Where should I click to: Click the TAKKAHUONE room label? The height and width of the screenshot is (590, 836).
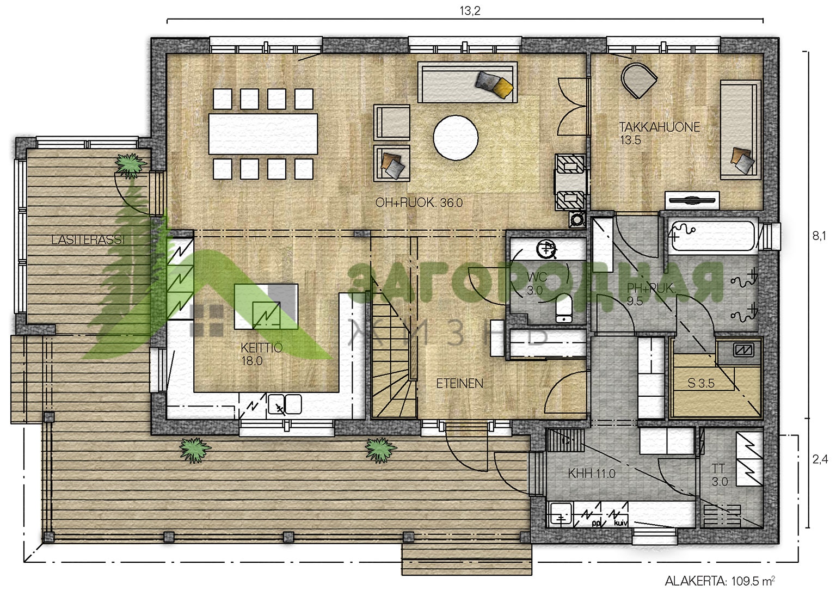click(x=660, y=133)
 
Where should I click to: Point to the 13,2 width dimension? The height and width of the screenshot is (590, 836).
click(x=470, y=11)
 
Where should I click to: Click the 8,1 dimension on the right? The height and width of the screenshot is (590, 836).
click(x=819, y=236)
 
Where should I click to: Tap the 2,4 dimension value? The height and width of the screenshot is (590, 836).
click(x=820, y=459)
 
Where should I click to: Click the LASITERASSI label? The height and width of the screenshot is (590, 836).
click(x=88, y=239)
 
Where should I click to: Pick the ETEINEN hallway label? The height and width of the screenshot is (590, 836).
click(x=460, y=384)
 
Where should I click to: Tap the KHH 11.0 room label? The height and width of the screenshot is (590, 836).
click(x=592, y=474)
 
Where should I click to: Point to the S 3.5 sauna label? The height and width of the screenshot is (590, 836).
click(x=701, y=383)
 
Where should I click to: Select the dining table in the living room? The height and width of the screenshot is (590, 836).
click(x=263, y=133)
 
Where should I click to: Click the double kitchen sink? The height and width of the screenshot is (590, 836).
click(x=285, y=404)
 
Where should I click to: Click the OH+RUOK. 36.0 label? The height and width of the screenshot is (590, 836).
click(x=419, y=202)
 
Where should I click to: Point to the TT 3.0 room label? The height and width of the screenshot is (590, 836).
click(x=719, y=475)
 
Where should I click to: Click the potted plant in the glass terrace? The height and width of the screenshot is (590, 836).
click(x=130, y=166)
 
